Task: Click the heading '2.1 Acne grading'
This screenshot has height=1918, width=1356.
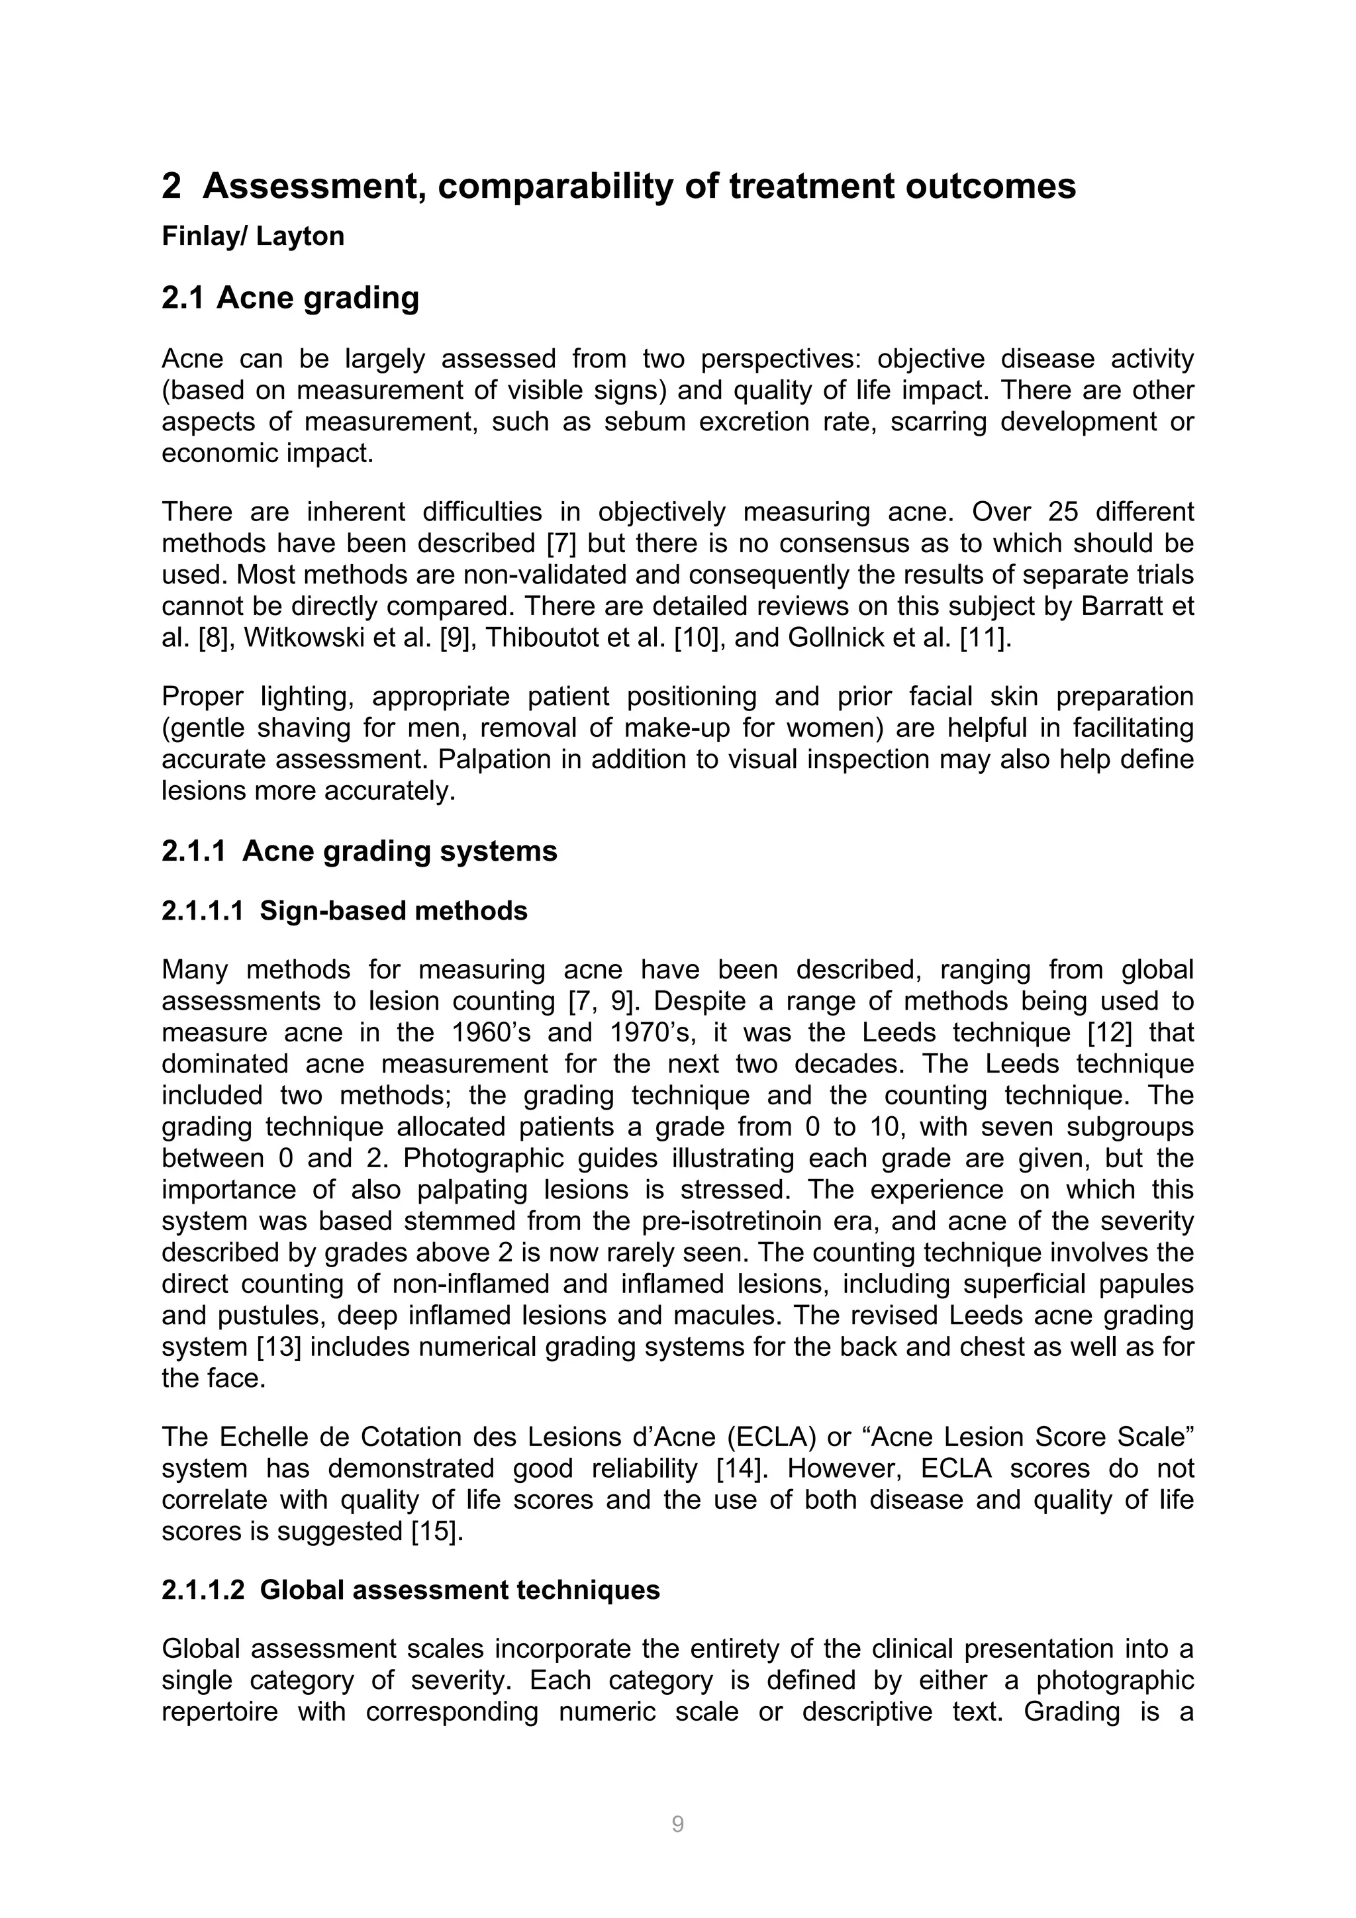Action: (x=290, y=298)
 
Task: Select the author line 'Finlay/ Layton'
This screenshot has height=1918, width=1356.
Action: (x=252, y=236)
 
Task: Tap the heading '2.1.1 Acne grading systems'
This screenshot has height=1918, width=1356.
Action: (x=360, y=851)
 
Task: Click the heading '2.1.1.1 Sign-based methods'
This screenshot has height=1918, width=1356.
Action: (x=344, y=910)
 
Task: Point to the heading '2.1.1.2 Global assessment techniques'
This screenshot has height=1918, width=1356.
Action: (x=411, y=1590)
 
